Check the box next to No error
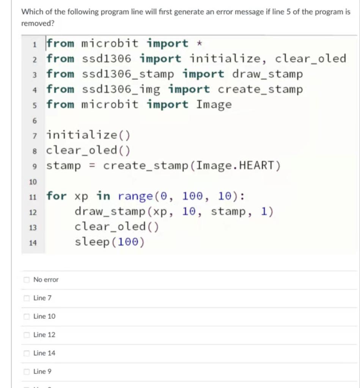pos(26,280)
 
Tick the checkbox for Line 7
pos(26,298)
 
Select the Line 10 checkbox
pos(26,316)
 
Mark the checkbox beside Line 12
pos(26,335)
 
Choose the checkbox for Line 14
pos(26,353)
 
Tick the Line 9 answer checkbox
pos(26,372)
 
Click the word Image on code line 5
pos(214,105)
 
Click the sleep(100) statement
pos(110,242)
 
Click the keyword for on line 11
pos(57,196)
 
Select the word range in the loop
pos(135,196)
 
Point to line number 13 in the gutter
pos(33,228)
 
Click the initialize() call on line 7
pos(88,135)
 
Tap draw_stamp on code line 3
pos(267,74)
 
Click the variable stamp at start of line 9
pos(64,166)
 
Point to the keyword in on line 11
pos(103,196)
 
